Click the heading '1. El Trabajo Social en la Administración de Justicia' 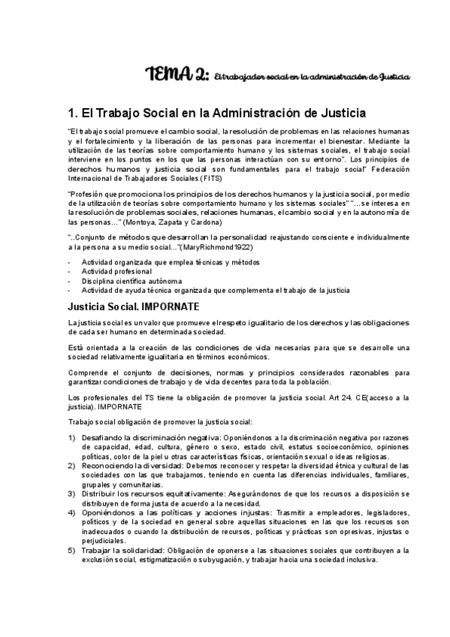coord(216,113)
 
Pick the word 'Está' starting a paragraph coord(74,347)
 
